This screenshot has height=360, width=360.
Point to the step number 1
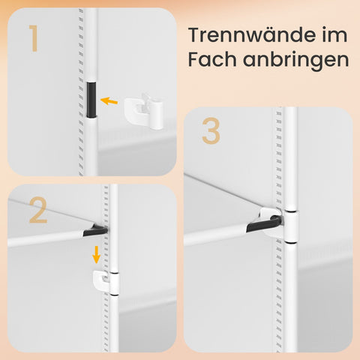point(34,38)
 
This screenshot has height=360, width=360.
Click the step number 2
point(38,210)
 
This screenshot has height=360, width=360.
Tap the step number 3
point(211,131)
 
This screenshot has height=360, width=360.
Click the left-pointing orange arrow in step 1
point(109,100)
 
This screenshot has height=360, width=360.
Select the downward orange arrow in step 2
point(96,254)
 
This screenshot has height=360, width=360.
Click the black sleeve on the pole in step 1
point(91,100)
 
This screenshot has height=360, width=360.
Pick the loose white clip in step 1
point(144,112)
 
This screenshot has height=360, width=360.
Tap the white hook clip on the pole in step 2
point(106,283)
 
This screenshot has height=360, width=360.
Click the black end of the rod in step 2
point(95,231)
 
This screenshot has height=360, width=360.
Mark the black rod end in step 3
point(264,224)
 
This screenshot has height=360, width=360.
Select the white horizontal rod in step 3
point(216,235)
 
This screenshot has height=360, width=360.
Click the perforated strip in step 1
point(81,92)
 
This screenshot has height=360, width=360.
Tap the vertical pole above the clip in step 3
point(290,159)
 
